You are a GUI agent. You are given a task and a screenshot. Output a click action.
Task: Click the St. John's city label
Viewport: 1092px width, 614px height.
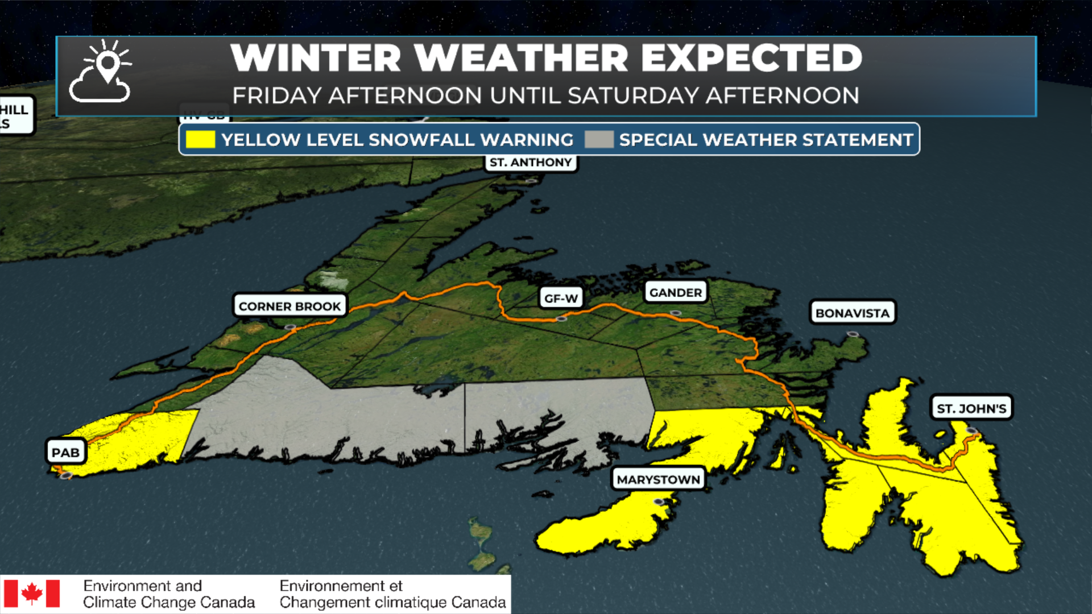pos(971,408)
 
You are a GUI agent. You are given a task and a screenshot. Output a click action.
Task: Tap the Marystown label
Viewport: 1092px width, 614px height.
pos(658,479)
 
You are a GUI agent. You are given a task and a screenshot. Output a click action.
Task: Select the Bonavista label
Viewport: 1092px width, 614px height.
pos(852,313)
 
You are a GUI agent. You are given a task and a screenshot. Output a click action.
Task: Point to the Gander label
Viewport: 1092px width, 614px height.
pos(675,292)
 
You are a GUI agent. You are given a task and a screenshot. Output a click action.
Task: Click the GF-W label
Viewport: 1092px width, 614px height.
pos(561,298)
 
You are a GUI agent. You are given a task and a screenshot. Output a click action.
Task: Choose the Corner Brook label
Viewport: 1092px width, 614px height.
pos(289,306)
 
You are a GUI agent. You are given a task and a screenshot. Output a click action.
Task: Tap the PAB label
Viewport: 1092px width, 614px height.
pos(65,453)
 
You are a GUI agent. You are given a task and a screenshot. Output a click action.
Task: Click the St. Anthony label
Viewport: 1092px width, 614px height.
pos(530,163)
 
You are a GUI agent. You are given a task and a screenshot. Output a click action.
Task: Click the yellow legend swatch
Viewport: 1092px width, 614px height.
pos(200,139)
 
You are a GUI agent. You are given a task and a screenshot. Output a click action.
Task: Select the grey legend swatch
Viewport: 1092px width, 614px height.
pos(599,139)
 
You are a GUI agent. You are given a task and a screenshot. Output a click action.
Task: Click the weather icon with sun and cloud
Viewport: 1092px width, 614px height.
pos(101,72)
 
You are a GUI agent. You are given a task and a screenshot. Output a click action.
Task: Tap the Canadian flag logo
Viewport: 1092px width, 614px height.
pos(32,594)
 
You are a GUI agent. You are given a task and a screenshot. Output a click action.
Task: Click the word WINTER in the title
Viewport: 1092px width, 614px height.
pos(316,58)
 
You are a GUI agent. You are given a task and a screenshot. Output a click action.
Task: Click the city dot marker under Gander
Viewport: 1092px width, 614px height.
pos(675,313)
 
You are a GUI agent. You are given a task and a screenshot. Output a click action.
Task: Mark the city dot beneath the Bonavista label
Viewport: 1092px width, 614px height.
pos(852,334)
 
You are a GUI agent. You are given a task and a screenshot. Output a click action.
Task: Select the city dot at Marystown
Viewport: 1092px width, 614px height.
pos(659,501)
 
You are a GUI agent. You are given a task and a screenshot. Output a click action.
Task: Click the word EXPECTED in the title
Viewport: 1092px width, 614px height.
pos(752,58)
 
